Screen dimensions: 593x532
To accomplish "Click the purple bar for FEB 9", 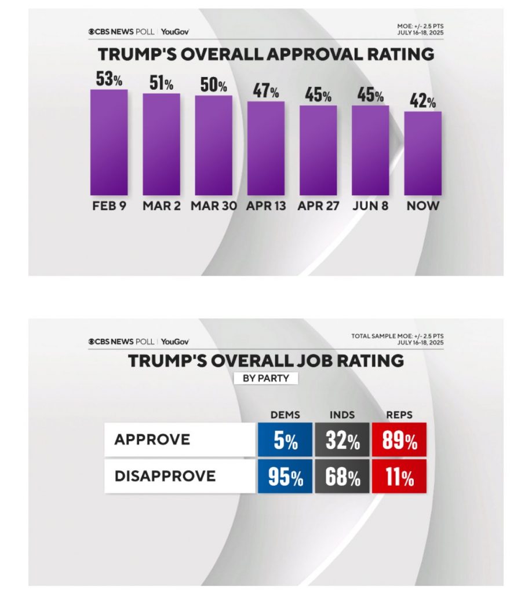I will click(109, 142).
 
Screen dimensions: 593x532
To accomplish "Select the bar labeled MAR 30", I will click(213, 145).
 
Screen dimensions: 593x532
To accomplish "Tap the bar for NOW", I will click(422, 153).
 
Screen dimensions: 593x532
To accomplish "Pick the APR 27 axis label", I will click(318, 206).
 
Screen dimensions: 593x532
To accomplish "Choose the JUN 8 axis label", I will click(370, 206).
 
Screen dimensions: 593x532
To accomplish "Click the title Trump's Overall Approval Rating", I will click(266, 54).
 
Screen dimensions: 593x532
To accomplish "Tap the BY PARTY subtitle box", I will click(265, 378).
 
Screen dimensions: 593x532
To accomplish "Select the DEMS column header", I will click(285, 415).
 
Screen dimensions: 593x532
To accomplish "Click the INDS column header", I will click(342, 415).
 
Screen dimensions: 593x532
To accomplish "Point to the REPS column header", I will click(399, 415).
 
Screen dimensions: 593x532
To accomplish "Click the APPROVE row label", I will click(152, 440).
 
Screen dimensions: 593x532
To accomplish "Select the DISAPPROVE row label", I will click(165, 477).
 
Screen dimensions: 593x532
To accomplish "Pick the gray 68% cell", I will click(342, 477).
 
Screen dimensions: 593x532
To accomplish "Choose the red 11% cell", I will click(399, 477).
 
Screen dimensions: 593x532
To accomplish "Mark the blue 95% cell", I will click(285, 477).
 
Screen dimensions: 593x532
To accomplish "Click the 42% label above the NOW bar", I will click(423, 102).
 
